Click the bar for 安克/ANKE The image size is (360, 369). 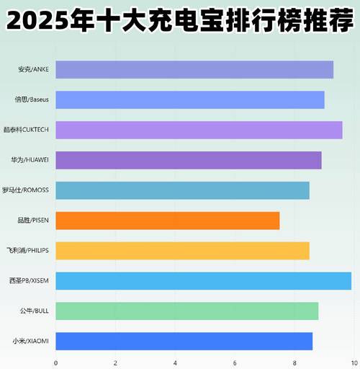coord(194,70)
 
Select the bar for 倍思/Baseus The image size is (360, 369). coord(190,99)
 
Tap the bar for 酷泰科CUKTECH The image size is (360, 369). coord(199,130)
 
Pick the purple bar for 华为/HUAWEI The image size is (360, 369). coord(189,160)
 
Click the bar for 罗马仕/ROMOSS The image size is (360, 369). coord(182,190)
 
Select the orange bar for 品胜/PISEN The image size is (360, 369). coord(167,221)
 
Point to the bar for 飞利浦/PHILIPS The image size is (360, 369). coord(182,251)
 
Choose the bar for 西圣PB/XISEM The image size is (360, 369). coord(203,281)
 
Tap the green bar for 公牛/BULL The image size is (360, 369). coord(186,311)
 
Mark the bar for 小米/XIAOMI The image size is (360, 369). coord(184,341)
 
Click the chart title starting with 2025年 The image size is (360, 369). coord(180,19)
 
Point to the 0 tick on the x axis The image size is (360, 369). coord(55,363)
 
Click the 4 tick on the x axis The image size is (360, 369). coord(175,363)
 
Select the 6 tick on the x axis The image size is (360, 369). coord(235,363)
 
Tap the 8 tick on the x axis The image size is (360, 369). coord(294,363)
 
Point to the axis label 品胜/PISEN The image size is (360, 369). coord(33,221)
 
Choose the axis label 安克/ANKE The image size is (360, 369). coord(35,70)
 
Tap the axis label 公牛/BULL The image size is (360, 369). coord(35,311)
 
